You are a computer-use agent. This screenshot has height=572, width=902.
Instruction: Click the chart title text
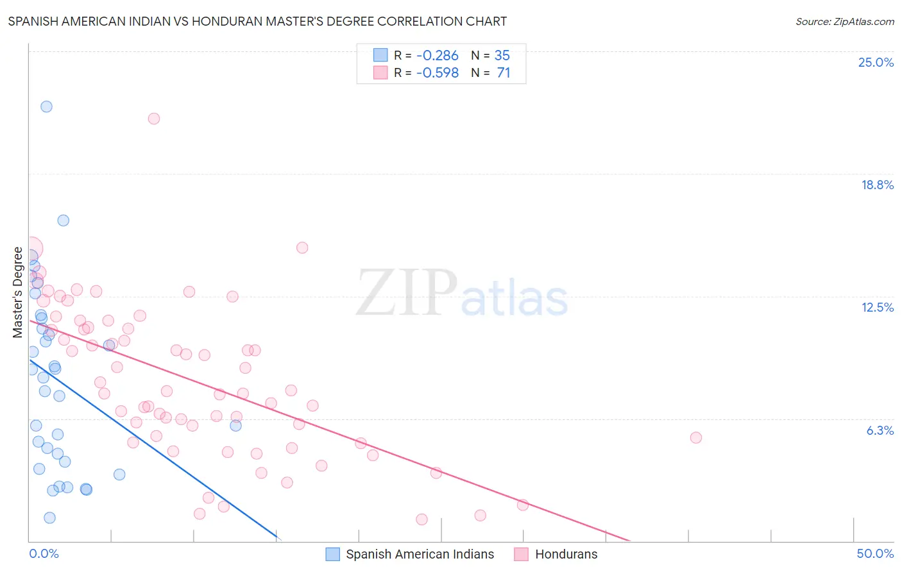pos(257,21)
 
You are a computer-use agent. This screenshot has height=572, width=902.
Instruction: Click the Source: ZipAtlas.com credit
pos(844,21)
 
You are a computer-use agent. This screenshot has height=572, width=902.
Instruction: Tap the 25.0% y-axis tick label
pos(876,62)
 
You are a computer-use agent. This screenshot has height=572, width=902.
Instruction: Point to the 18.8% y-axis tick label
pos(877,185)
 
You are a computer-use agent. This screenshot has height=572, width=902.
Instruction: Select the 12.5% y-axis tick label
pos(877,307)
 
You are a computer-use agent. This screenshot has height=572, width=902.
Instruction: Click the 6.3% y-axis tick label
pos(880,430)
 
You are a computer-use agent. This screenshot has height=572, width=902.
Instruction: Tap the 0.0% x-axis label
pos(44,553)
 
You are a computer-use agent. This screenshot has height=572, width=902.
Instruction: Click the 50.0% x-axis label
pos(875,553)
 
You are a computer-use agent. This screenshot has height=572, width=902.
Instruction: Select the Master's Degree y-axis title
pos(18,292)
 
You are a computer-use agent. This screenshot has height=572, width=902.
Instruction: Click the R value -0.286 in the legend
pos(437,55)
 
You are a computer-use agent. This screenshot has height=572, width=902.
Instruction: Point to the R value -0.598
pos(437,72)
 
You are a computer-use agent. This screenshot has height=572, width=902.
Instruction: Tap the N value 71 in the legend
pos(504,72)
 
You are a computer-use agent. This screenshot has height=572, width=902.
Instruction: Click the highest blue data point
pos(46,106)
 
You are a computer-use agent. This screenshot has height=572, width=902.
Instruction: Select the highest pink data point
pos(154,119)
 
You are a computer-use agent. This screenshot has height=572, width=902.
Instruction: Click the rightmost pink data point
pos(696,437)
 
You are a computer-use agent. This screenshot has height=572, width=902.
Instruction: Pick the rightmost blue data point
pos(235,425)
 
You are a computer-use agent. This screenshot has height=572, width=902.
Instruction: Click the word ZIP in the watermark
pos(406,292)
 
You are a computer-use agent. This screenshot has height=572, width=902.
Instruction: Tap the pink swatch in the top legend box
pos(380,72)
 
